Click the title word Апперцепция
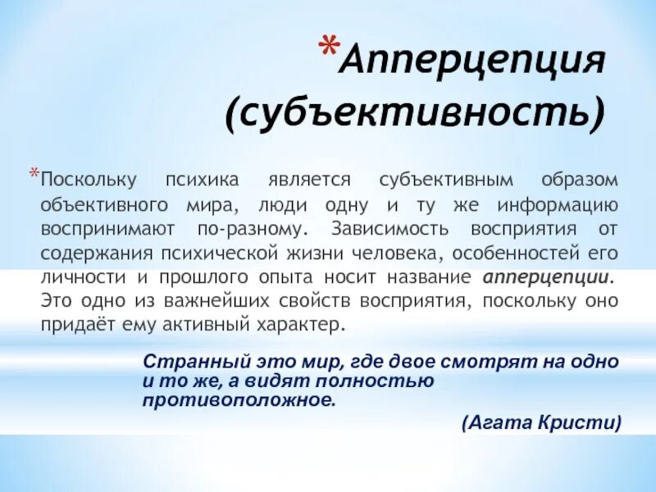click(x=475, y=63)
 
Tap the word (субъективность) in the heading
click(x=416, y=115)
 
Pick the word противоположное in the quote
click(x=239, y=401)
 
